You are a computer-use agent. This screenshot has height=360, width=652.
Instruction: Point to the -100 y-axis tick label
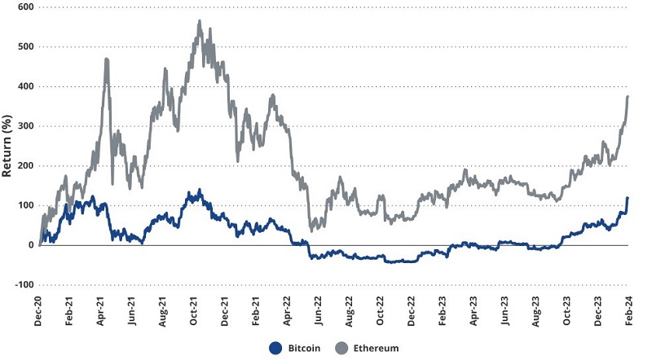23,285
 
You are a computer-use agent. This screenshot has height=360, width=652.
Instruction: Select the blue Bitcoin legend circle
275,348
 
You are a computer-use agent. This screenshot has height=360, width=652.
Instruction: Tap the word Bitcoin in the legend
305,348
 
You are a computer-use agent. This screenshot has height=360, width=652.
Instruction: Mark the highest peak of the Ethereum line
200,21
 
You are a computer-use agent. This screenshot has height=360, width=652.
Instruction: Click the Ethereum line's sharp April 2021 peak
107,59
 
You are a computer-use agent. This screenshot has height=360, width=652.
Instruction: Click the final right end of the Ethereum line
628,96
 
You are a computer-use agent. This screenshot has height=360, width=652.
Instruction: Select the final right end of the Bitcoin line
628,198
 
